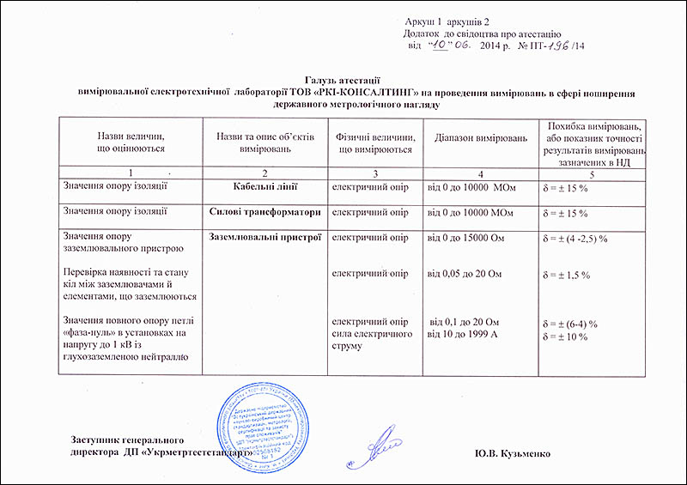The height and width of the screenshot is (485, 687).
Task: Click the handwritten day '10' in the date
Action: (x=441, y=43)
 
